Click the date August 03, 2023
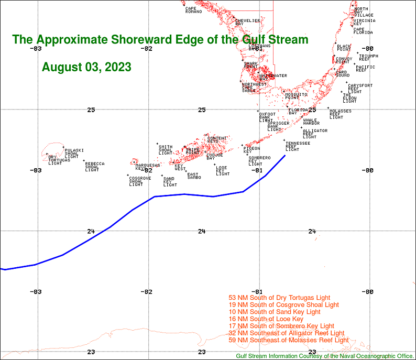pos(86,67)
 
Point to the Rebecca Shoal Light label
pos(94,166)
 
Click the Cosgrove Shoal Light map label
pos(140,181)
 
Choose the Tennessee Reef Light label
pos(298,146)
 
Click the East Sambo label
pos(194,176)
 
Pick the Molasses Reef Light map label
pos(340,114)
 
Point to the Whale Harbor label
pos(311,122)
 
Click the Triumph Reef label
pos(368,57)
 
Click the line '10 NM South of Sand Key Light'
pos(279,312)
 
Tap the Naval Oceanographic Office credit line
pos(325,356)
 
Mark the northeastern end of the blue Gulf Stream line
pos(285,155)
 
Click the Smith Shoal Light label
pos(166,150)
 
